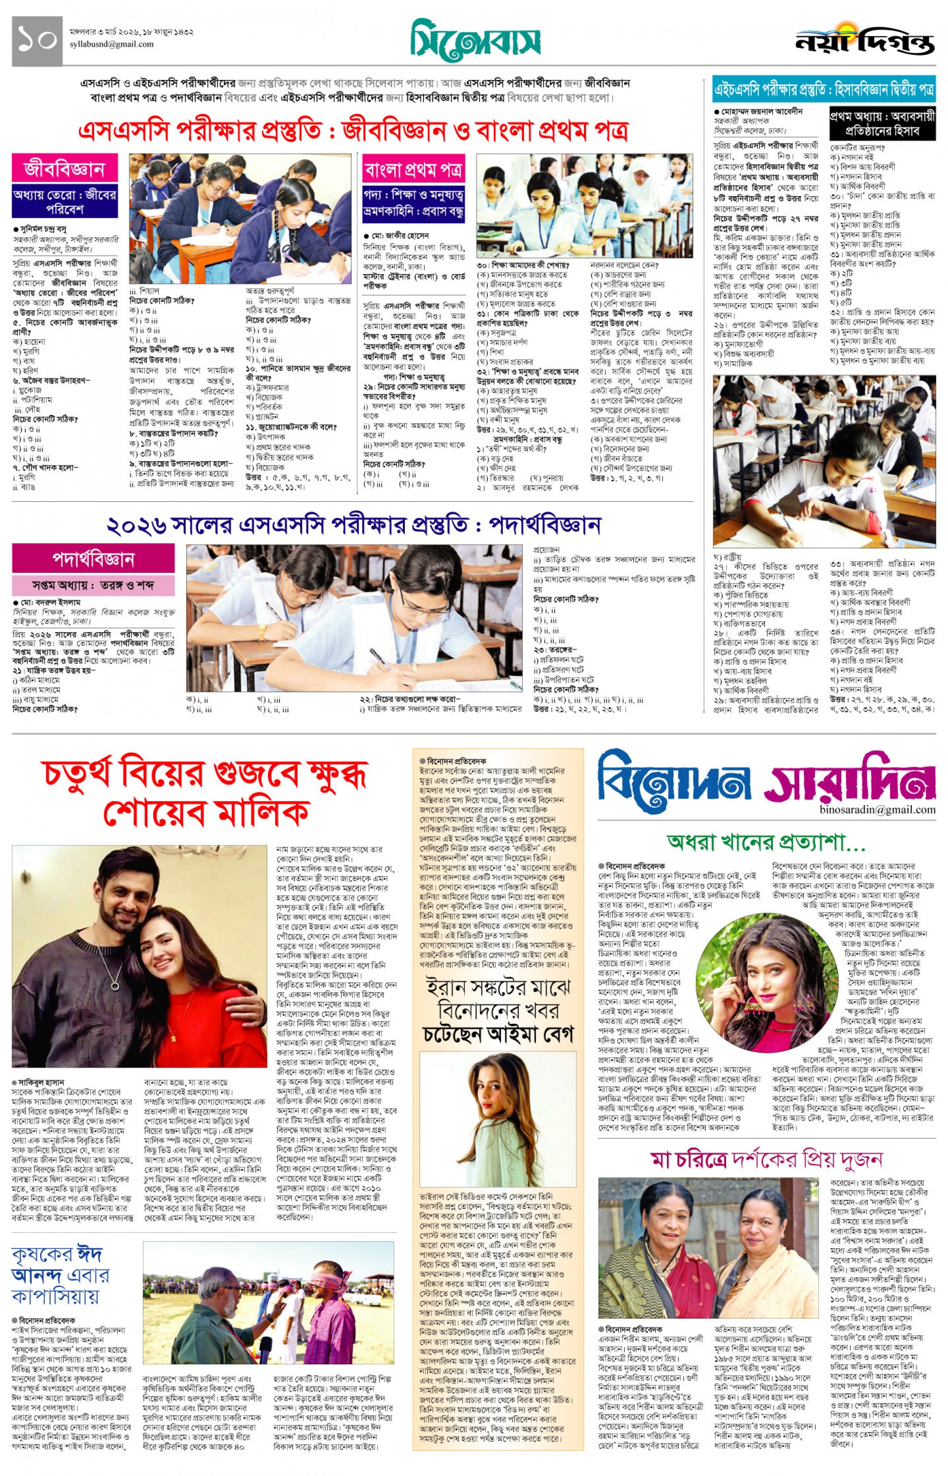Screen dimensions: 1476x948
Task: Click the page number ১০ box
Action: tap(37, 41)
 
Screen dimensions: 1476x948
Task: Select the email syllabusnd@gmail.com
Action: tap(112, 44)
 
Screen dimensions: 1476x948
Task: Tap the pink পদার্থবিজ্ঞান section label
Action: tap(93, 559)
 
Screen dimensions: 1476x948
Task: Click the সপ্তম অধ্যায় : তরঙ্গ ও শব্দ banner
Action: tap(93, 585)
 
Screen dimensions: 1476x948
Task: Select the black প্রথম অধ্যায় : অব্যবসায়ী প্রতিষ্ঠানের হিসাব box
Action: tap(882, 123)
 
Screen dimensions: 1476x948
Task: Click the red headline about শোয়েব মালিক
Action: tap(205, 794)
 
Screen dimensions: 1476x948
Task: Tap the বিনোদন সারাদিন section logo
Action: tap(766, 777)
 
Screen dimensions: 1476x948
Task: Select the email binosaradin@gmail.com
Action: tap(877, 810)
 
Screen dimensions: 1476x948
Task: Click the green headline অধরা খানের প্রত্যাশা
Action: tap(766, 841)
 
